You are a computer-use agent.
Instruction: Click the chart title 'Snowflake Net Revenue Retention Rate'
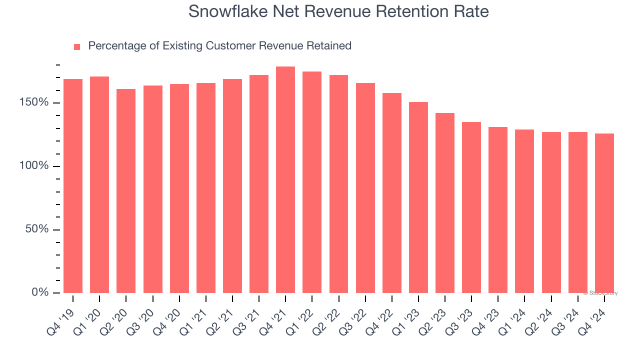point(338,11)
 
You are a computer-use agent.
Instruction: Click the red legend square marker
point(77,47)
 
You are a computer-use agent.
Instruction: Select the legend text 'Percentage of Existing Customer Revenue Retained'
point(219,46)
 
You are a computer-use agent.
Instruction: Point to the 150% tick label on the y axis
point(34,102)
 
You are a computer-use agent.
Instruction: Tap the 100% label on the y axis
point(34,165)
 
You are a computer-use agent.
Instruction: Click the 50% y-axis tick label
point(36,229)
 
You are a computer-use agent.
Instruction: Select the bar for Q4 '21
point(285,180)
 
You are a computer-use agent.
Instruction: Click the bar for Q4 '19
point(73,186)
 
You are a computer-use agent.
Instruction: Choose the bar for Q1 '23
point(418,197)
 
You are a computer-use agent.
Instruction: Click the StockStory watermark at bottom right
point(600,293)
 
